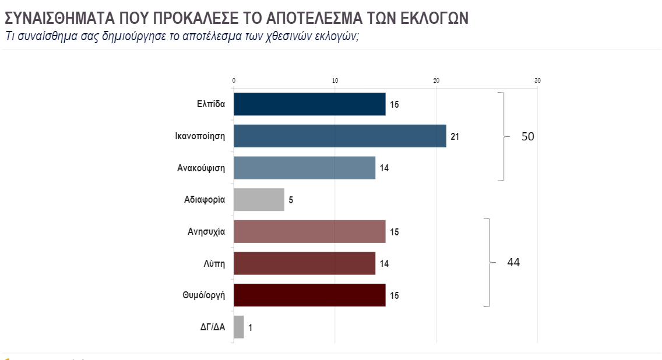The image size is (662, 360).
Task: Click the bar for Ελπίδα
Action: [x=309, y=104]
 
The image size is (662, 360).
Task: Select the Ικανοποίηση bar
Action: [x=340, y=136]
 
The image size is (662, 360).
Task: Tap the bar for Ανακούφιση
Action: [x=304, y=168]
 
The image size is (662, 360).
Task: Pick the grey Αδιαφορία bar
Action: [x=259, y=200]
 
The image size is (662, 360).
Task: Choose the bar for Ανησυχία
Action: [x=309, y=231]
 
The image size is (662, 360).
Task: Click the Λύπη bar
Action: [x=304, y=263]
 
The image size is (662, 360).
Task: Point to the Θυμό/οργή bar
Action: [x=309, y=295]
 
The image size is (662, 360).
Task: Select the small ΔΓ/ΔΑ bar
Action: [x=239, y=327]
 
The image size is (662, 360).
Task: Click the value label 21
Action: [x=455, y=137]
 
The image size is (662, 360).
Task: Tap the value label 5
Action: [x=291, y=200]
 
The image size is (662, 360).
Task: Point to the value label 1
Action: [x=250, y=327]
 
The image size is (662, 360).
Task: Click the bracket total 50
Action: [x=527, y=137]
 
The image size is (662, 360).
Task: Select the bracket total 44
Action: [x=513, y=263]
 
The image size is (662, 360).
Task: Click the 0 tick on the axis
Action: [x=234, y=80]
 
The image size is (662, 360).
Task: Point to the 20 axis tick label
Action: [x=436, y=80]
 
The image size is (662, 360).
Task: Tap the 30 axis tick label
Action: [x=537, y=80]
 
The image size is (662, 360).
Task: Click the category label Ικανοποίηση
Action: [x=200, y=137]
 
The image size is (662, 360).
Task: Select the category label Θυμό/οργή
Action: [x=204, y=295]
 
